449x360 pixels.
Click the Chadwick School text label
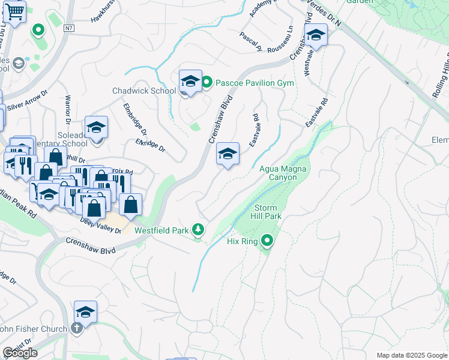(x=144, y=91)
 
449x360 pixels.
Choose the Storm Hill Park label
(x=265, y=211)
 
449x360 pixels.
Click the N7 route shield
(x=71, y=28)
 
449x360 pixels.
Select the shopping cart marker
(x=13, y=11)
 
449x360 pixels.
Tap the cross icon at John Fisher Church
(x=76, y=328)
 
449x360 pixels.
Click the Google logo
(x=20, y=353)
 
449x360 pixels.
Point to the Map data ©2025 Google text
(x=412, y=355)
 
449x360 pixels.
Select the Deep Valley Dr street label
(x=100, y=221)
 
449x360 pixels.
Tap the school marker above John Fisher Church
(x=86, y=313)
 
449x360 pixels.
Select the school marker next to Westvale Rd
(x=316, y=37)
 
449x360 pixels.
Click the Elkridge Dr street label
(x=150, y=145)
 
